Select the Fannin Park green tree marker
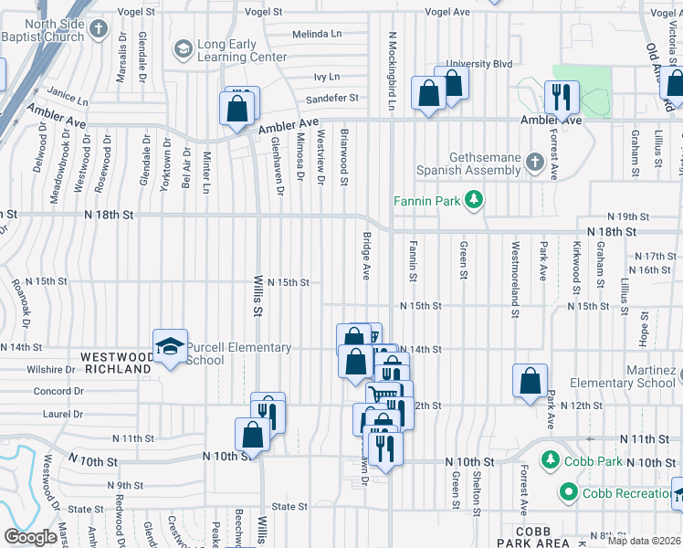click(473, 199)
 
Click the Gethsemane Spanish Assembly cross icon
click(536, 163)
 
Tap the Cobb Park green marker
click(549, 458)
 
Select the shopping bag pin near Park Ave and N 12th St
click(530, 382)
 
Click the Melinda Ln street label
click(316, 34)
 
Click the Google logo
click(30, 536)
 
